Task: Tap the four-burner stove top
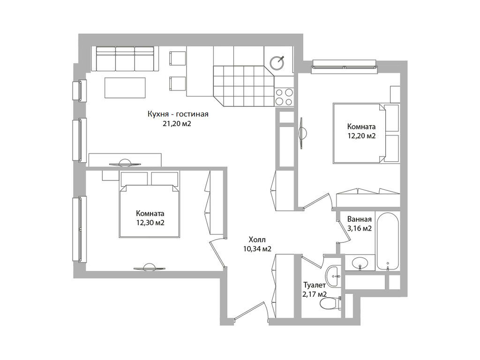pos(284,97)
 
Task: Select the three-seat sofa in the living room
pos(125,59)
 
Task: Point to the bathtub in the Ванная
pos(387,241)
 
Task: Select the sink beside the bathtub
pos(360,263)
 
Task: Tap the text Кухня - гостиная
pos(178,114)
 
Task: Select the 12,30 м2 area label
pos(150,223)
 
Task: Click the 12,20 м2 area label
pos(361,136)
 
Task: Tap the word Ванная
pos(360,219)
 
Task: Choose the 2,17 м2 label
pos(315,294)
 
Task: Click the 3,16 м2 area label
pos(360,229)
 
